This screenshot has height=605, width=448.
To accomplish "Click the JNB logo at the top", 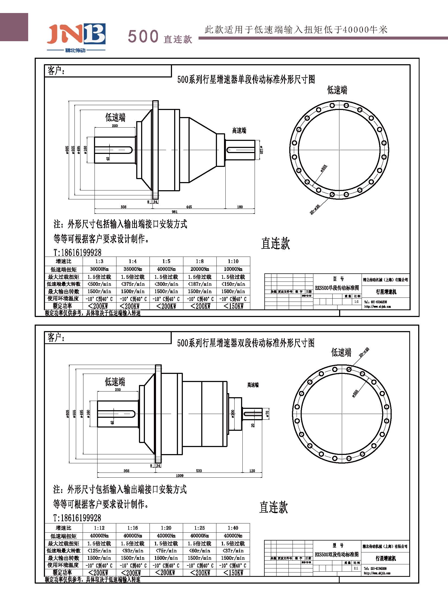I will (76, 35).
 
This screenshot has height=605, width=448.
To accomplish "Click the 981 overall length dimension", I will (174, 212).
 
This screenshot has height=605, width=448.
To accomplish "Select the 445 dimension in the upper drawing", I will (189, 207).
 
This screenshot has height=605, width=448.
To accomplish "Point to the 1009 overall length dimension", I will (180, 475).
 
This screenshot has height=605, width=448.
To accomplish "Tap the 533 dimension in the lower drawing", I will (199, 471).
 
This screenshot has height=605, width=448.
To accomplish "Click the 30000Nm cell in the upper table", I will (99, 269).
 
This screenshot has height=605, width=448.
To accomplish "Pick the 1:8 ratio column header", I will (200, 261).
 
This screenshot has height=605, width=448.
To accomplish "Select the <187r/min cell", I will (200, 284).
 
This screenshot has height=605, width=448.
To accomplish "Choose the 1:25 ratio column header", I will (199, 528).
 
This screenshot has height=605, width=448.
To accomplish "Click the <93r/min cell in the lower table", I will (133, 551).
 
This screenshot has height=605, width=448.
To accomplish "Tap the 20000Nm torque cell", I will (200, 269).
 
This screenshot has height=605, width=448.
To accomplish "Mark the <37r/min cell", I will (233, 551).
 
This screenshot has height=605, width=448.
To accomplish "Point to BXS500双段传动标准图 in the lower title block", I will (337, 554).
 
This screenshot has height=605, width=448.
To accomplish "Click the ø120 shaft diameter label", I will (262, 150).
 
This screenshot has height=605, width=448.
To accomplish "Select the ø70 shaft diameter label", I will (267, 413).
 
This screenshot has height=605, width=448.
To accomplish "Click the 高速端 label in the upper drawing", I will (239, 131).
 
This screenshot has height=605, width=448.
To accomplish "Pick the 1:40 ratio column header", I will (233, 528).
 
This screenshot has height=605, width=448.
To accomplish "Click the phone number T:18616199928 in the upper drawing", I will (77, 253).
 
